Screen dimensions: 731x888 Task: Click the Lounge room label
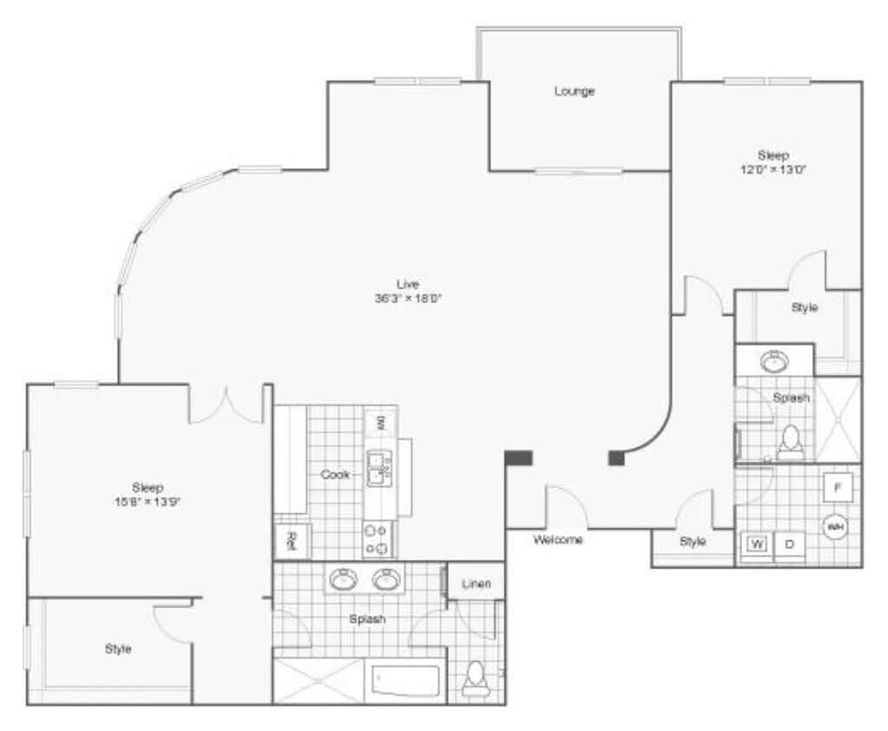click(x=574, y=91)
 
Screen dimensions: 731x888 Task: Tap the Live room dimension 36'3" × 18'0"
click(x=408, y=299)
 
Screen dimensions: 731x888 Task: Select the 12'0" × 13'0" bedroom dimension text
click(x=774, y=170)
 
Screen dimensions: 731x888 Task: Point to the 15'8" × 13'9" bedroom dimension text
click(x=147, y=501)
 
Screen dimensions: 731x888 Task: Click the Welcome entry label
click(x=558, y=540)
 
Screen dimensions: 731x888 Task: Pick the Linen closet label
click(x=476, y=583)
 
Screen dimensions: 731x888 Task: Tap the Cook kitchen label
click(x=335, y=475)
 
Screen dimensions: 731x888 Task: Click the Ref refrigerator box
click(x=292, y=542)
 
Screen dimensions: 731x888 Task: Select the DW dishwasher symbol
click(x=379, y=424)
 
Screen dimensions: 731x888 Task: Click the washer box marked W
click(x=756, y=545)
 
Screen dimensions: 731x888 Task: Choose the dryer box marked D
click(x=789, y=545)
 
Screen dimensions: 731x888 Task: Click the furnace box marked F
click(x=837, y=488)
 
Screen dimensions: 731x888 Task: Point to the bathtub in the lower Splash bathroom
click(x=406, y=680)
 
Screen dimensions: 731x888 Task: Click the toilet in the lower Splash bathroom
click(x=475, y=679)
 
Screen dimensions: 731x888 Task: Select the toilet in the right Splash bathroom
click(x=790, y=443)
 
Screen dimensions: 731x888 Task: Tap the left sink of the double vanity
click(x=344, y=579)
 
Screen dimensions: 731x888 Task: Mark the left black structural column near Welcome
click(x=519, y=458)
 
